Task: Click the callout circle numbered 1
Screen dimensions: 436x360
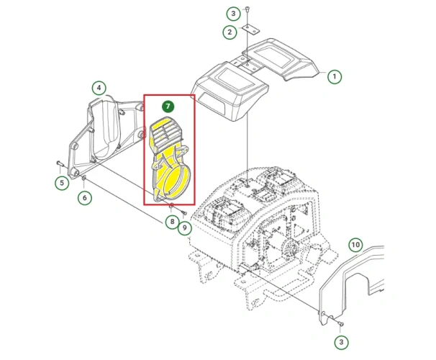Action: [335, 76]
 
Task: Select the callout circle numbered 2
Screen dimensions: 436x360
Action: [230, 32]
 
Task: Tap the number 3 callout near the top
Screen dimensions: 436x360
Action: [233, 13]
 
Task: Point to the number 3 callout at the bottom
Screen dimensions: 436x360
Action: [341, 342]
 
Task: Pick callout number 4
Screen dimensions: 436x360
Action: [99, 88]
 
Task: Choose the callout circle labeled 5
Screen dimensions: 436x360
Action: [62, 183]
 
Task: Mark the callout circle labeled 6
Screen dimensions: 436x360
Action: [84, 198]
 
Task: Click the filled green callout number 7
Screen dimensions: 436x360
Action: [168, 107]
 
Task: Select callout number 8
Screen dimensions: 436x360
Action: [172, 222]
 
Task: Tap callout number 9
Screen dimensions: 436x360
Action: [185, 228]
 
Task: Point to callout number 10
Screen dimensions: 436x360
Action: [355, 245]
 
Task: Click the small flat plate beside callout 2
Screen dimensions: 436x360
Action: [250, 30]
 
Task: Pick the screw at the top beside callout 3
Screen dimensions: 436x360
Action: [247, 9]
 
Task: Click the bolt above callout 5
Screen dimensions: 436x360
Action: [60, 163]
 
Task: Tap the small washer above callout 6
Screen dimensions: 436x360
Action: [84, 177]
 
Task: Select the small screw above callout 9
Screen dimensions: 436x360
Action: [183, 213]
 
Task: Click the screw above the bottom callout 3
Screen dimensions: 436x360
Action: [341, 324]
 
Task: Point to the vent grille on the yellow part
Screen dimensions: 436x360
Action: [165, 132]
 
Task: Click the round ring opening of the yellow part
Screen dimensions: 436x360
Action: [178, 180]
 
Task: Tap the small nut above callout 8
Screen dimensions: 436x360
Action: [171, 205]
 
